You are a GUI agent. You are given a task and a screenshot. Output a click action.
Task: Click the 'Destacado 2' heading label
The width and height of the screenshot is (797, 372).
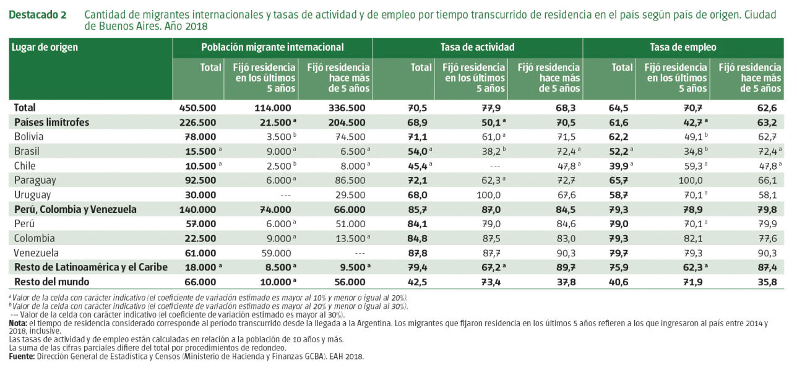pos(37,14)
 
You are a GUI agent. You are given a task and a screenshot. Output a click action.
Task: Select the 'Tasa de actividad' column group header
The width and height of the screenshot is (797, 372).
pos(477,47)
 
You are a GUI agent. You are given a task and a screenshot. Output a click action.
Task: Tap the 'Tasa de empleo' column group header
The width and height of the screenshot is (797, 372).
pos(683,47)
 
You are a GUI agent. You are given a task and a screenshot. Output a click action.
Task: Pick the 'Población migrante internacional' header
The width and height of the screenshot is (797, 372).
pos(272,47)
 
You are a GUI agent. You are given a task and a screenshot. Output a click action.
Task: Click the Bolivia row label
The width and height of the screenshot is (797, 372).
pos(29,136)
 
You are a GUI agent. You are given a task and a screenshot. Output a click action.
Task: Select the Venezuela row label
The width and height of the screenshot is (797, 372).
pos(37,253)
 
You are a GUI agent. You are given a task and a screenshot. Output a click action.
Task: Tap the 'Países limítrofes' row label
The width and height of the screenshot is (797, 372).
pos(51,122)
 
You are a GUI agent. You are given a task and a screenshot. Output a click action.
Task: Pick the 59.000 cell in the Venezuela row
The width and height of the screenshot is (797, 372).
pos(274,253)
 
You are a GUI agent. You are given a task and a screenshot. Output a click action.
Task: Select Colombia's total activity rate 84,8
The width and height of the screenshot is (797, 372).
pos(419,238)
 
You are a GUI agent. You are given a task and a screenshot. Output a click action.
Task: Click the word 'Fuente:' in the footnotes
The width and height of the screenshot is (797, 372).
pos(22,357)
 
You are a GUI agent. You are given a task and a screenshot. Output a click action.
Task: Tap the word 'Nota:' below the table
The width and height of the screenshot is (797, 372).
pos(17,322)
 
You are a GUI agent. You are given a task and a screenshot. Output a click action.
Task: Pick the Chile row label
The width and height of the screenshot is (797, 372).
pos(25,165)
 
